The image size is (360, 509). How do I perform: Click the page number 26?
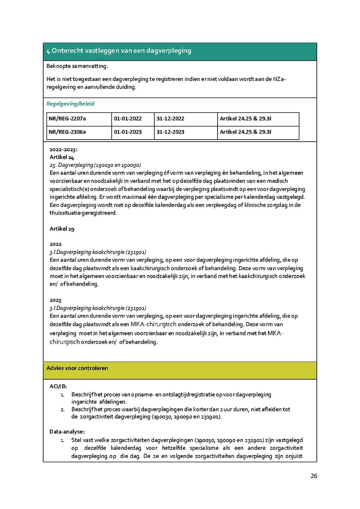tap(314, 476)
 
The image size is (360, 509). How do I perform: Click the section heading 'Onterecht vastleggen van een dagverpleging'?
tap(119, 51)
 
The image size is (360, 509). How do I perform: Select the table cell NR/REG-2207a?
tap(67, 119)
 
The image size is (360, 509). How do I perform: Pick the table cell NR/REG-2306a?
tap(67, 132)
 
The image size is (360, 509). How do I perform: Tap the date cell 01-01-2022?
tap(128, 119)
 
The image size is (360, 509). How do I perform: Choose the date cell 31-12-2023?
tap(170, 132)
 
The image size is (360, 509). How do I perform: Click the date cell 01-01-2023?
tap(128, 132)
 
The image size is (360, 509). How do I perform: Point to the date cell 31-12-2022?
tap(170, 119)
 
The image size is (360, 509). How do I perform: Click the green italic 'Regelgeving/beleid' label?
tap(70, 104)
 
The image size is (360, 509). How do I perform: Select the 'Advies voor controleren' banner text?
tap(77, 368)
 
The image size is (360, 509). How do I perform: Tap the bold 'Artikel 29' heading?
tap(62, 229)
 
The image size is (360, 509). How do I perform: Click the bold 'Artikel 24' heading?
tap(62, 157)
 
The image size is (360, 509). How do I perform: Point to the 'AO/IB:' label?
tap(58, 387)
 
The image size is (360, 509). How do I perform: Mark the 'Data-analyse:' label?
tap(67, 431)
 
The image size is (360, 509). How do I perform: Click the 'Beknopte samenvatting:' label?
tap(77, 66)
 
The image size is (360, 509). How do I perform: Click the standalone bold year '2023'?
tap(56, 300)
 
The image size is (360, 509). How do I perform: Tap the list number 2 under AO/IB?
tap(63, 409)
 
